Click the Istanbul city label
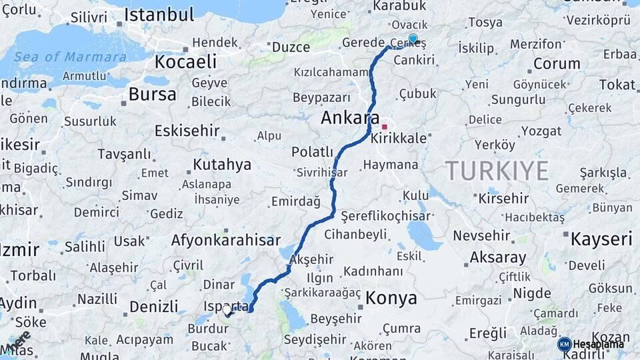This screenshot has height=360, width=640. pyautogui.click(x=159, y=15)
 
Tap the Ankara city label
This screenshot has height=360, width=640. pyautogui.click(x=350, y=118)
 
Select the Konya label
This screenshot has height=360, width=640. pyautogui.click(x=391, y=297)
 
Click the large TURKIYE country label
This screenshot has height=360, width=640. pyautogui.click(x=497, y=171)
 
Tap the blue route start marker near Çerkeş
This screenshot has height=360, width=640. pyautogui.click(x=413, y=39)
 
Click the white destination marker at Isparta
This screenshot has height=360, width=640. pyautogui.click(x=227, y=310)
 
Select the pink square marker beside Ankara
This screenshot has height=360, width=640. pyautogui.click(x=384, y=126)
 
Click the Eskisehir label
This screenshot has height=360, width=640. pyautogui.click(x=187, y=131)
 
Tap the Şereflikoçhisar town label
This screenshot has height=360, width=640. pyautogui.click(x=385, y=216)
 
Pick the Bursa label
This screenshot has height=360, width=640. pyautogui.click(x=152, y=94)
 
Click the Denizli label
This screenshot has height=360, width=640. pyautogui.click(x=154, y=307)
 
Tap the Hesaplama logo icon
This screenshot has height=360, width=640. pyautogui.click(x=564, y=344)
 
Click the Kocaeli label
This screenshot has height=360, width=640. pyautogui.click(x=185, y=62)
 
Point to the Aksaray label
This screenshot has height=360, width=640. pyautogui.click(x=497, y=257)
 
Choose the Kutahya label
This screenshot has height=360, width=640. pyautogui.click(x=221, y=164)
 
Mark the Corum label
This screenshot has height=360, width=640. pyautogui.click(x=556, y=64)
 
